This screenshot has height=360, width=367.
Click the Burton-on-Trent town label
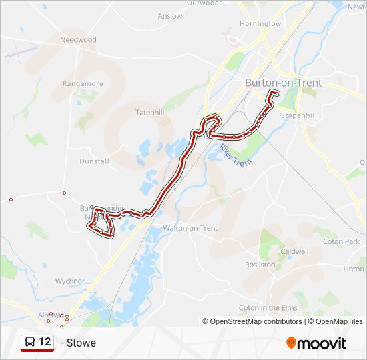coord(283,83)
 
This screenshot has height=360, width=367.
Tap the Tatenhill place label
coord(149,112)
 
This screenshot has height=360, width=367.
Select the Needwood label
coord(78,40)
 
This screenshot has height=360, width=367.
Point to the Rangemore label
coord(83,84)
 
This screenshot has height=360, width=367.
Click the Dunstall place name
coord(94,161)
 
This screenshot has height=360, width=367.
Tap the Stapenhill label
coord(298,115)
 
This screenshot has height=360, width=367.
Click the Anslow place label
coord(170,16)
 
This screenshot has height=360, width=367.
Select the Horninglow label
coord(260,24)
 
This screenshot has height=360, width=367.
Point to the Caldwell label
coord(294,251)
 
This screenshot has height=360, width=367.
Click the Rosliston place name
coord(260,265)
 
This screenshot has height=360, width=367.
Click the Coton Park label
coord(341,241)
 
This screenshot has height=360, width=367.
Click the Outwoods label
coord(205,3)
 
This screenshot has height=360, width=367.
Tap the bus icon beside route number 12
coord(30,343)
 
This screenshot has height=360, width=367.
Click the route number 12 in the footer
coord(45,342)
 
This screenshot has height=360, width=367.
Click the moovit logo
coord(316,343)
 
